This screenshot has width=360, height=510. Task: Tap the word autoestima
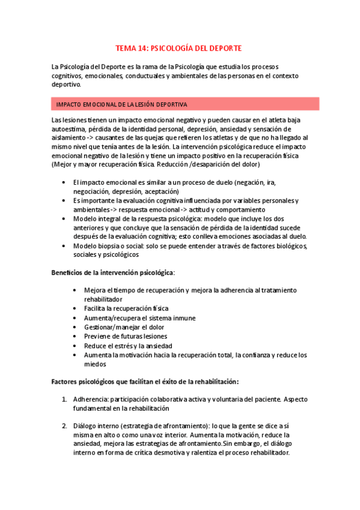coord(68,129)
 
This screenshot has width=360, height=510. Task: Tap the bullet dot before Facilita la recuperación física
coord(74,309)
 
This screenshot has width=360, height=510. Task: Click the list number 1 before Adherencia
coord(65,399)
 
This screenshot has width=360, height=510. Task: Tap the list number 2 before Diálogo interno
coord(65,426)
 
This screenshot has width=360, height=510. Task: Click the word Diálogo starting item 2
coord(86,426)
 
